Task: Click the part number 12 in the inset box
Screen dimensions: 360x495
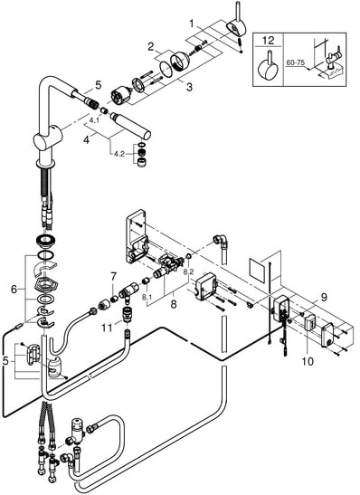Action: coord(268,41)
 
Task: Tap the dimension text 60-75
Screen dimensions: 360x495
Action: coord(295,62)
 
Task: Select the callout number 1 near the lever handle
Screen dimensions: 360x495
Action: coord(191,23)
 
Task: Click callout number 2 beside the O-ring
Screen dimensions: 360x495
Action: coord(151,47)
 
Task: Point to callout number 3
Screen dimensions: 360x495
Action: coord(189,87)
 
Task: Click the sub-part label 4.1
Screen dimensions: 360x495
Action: coord(94,120)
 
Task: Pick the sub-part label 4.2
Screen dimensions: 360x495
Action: coord(119,155)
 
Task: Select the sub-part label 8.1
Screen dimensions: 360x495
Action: coord(147,297)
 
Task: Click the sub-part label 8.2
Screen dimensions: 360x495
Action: coord(188,271)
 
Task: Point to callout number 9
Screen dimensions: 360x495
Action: coord(324,297)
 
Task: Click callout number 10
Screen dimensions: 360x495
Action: coord(308,361)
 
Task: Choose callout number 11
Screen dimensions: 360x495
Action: coord(107,328)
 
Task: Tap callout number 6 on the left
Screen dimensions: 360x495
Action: coord(14,289)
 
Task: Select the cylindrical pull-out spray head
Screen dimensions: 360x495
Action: coord(130,125)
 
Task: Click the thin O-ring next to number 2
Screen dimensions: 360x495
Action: coord(166,69)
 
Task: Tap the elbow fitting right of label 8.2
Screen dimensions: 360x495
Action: coord(220,240)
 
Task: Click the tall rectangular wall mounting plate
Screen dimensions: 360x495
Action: coord(136,236)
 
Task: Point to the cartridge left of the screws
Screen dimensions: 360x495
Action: coord(121,95)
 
